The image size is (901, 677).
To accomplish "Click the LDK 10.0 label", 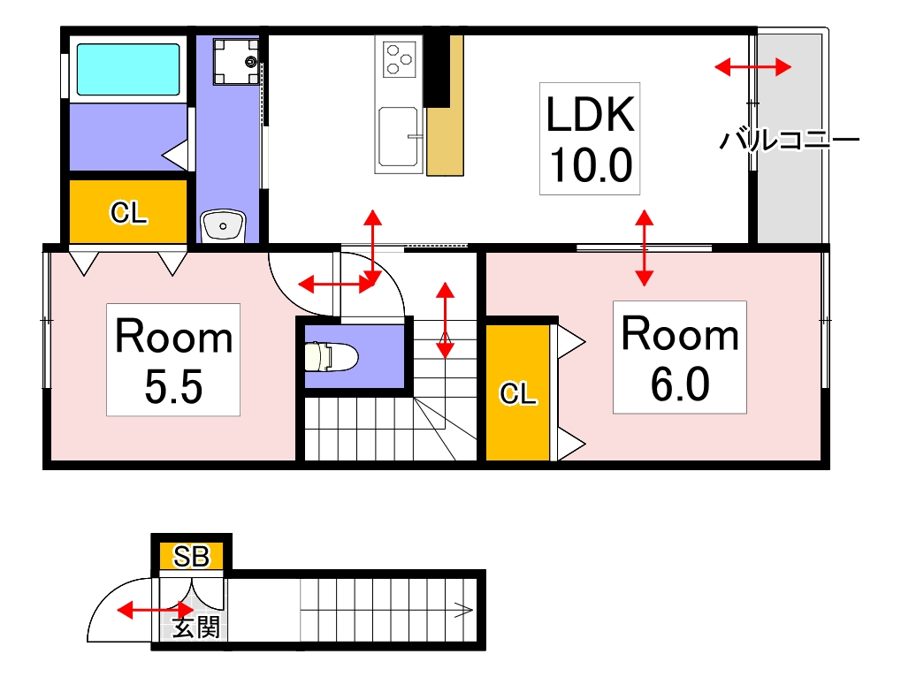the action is click(x=590, y=139).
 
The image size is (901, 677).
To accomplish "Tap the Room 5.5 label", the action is click(x=173, y=360).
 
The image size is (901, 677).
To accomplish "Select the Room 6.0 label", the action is click(x=680, y=357).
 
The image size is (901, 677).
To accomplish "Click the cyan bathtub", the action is click(x=128, y=69).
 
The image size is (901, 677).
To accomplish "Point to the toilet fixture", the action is click(x=330, y=356).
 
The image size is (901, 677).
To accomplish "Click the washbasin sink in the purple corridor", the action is click(x=223, y=225).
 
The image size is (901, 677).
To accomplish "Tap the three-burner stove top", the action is click(x=400, y=59).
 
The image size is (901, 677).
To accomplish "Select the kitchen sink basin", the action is click(x=398, y=137).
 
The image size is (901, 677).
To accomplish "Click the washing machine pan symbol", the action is click(x=236, y=62).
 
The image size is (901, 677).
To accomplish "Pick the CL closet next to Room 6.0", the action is click(x=518, y=392).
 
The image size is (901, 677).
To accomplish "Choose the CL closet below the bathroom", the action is click(x=128, y=212).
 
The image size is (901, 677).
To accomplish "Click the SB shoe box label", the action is click(x=191, y=556).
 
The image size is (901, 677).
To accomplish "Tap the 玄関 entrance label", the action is click(x=196, y=627).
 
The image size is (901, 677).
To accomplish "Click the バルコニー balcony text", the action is click(x=790, y=140).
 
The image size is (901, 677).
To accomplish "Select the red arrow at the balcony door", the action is click(x=752, y=66).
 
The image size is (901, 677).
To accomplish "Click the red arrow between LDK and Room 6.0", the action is click(x=645, y=247).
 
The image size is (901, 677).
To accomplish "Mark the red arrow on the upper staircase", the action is click(x=445, y=321).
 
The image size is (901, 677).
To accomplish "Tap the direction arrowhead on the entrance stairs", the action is click(x=464, y=610).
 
